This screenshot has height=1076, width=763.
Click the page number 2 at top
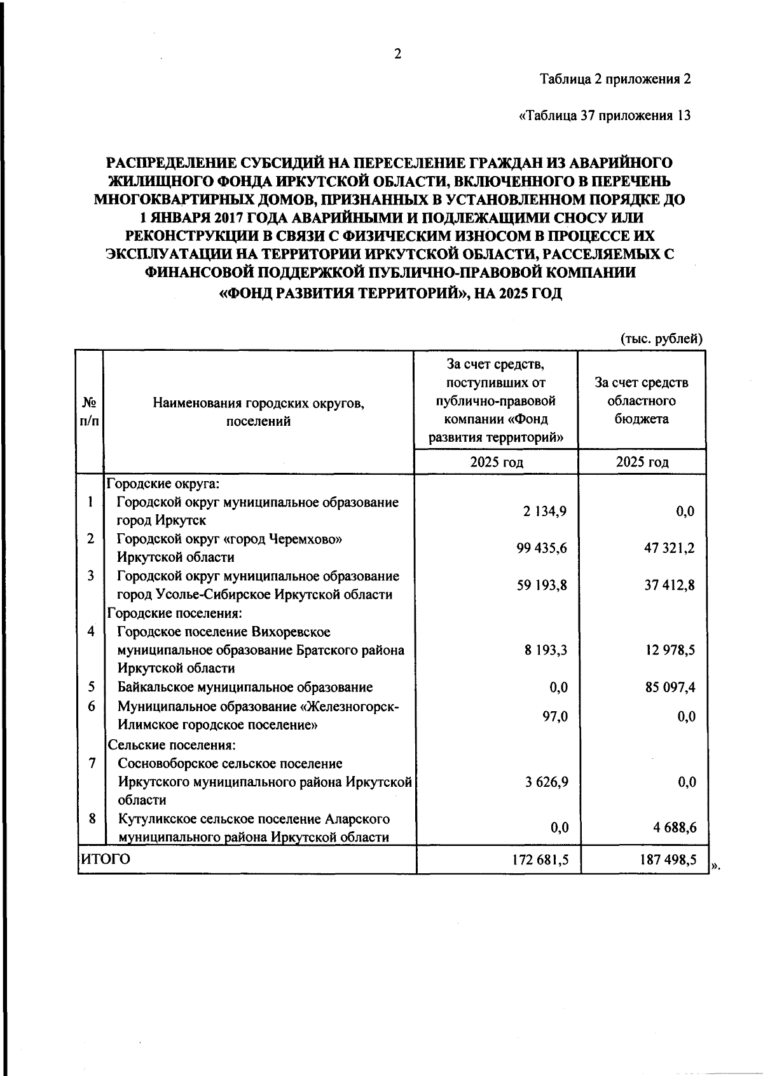[397, 55]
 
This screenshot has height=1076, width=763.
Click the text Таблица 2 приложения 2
[614, 79]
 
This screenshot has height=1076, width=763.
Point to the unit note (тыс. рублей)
[661, 339]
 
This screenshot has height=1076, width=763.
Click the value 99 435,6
[542, 548]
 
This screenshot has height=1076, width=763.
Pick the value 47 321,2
[670, 548]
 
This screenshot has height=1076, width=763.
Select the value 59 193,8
[542, 585]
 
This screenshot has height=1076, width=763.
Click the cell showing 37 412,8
[670, 585]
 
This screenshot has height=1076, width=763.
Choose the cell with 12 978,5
[670, 650]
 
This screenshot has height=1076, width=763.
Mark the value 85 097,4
[670, 687]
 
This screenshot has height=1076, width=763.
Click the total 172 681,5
[540, 860]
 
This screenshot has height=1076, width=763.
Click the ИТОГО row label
[105, 860]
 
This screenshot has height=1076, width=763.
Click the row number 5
[92, 686]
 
